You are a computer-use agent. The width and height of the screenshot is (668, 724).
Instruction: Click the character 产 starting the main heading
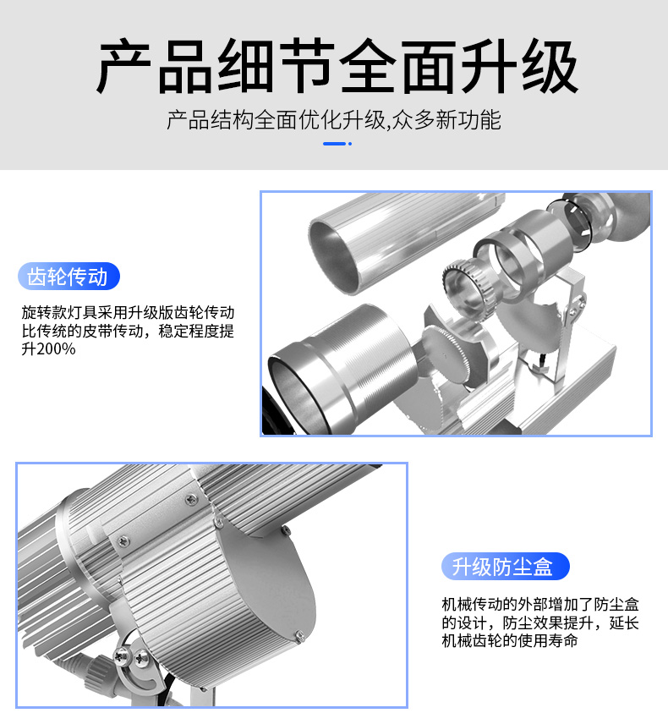[x=124, y=67]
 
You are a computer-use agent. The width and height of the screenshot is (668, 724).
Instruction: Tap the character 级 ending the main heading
[x=550, y=67]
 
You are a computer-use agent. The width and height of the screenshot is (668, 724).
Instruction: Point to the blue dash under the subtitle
[x=334, y=144]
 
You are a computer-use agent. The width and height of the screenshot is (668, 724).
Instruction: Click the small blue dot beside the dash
[x=350, y=144]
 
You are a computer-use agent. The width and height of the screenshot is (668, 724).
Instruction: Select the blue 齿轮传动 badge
[x=68, y=277]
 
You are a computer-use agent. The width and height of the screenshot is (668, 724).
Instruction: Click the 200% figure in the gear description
[x=56, y=349]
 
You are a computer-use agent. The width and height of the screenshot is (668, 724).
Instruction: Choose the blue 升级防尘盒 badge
[x=505, y=566]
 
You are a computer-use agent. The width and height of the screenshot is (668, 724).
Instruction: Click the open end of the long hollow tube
[x=334, y=257]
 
